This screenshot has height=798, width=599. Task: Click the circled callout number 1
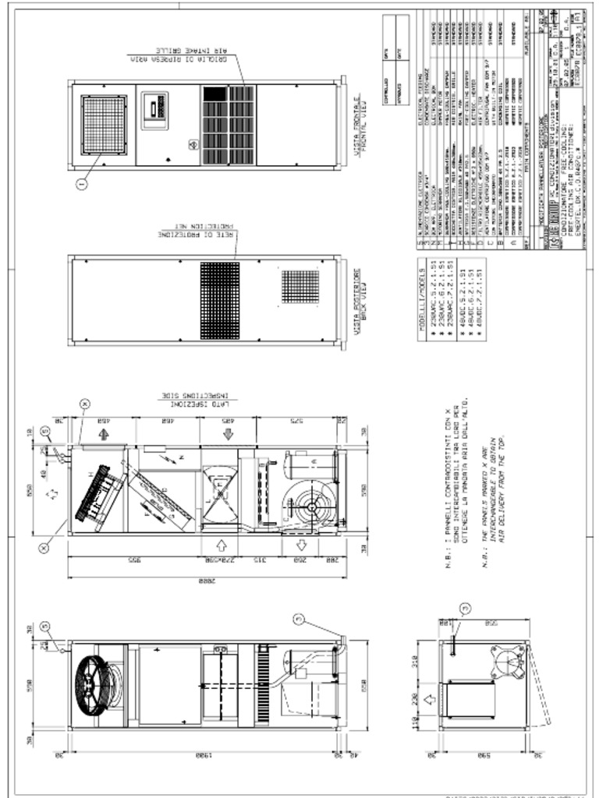pyautogui.click(x=82, y=183)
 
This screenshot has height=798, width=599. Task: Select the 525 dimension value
pyautogui.click(x=295, y=422)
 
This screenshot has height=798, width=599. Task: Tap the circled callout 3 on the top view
pyautogui.click(x=466, y=608)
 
